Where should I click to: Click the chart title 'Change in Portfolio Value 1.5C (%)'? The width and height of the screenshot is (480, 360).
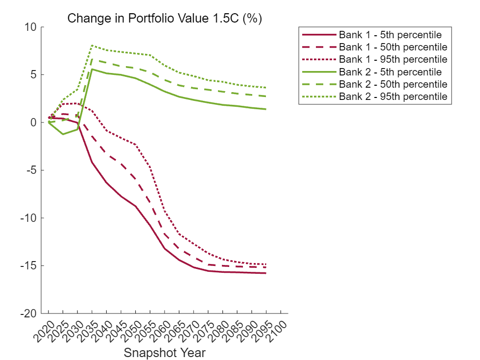[165, 19]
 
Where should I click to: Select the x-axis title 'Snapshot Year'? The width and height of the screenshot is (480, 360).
[165, 353]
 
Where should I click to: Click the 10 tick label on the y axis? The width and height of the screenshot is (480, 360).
[31, 27]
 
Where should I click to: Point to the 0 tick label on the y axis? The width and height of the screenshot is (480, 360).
[34, 122]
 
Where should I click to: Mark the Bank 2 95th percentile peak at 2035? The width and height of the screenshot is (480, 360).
[92, 45]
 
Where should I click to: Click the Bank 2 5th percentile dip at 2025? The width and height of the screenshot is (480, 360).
[63, 134]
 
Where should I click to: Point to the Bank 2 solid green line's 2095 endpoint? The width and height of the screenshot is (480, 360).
[266, 109]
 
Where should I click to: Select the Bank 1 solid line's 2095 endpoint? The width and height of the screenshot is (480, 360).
[266, 273]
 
